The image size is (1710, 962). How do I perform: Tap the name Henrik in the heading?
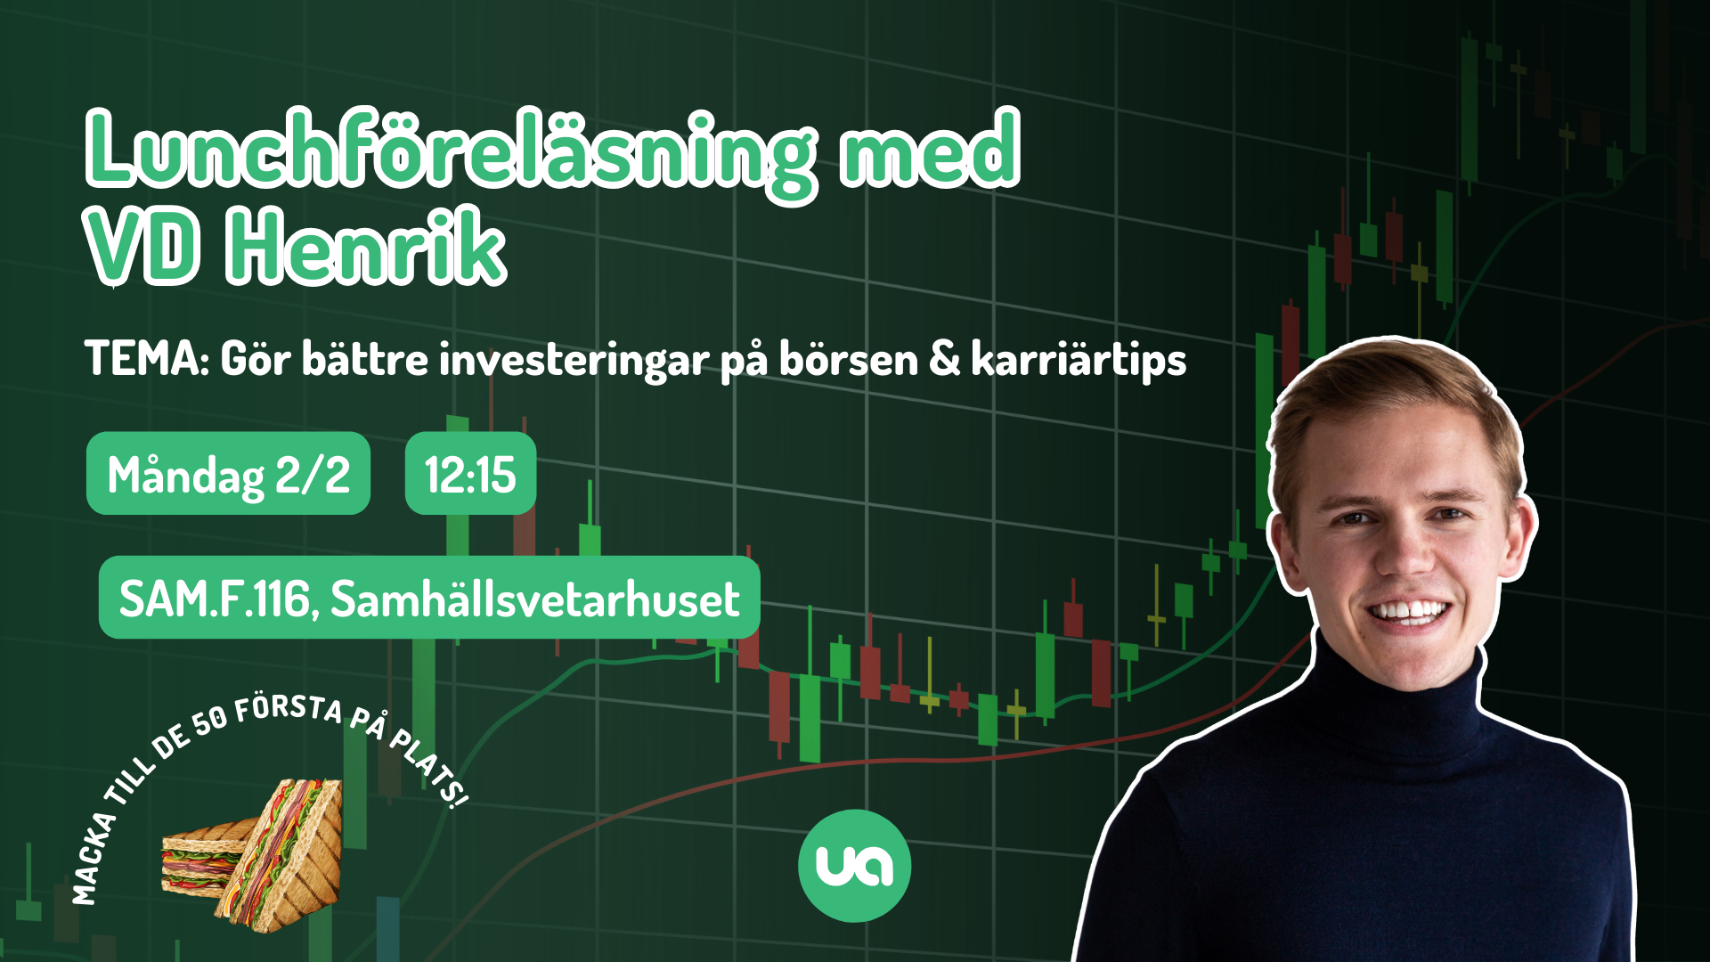tap(366, 247)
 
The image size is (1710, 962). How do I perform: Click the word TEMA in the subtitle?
tap(144, 359)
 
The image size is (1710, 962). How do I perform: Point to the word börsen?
tap(849, 359)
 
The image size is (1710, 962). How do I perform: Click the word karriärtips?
tap(1079, 361)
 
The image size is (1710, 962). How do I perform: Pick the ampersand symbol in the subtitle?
tap(945, 360)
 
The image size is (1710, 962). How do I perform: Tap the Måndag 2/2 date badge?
tap(228, 473)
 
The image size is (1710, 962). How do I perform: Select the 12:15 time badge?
tap(470, 473)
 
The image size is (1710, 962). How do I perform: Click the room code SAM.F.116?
tap(214, 599)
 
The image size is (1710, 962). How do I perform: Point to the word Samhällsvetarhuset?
tap(535, 598)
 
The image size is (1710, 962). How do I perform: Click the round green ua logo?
tap(854, 865)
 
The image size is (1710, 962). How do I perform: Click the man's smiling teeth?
tap(1408, 612)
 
